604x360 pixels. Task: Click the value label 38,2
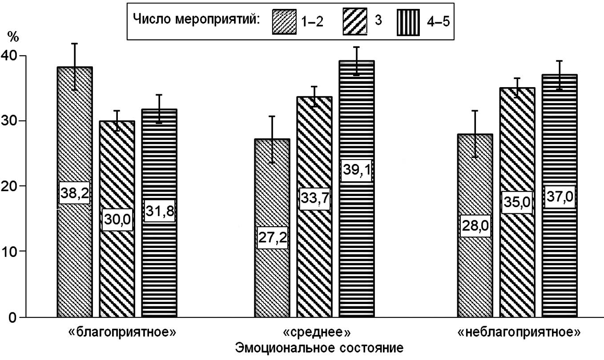click(x=74, y=192)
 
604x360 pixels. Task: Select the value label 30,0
click(x=117, y=220)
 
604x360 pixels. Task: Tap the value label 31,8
click(x=160, y=210)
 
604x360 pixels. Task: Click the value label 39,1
click(x=357, y=170)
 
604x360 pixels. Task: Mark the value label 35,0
click(x=517, y=203)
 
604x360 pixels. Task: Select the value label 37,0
click(x=560, y=196)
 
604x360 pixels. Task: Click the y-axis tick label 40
click(x=10, y=56)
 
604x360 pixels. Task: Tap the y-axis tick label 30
click(x=10, y=121)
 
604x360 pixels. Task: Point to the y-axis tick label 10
click(x=10, y=251)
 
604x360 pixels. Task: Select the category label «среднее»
click(x=314, y=332)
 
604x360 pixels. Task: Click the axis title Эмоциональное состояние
click(x=314, y=347)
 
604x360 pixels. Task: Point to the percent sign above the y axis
click(x=12, y=36)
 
